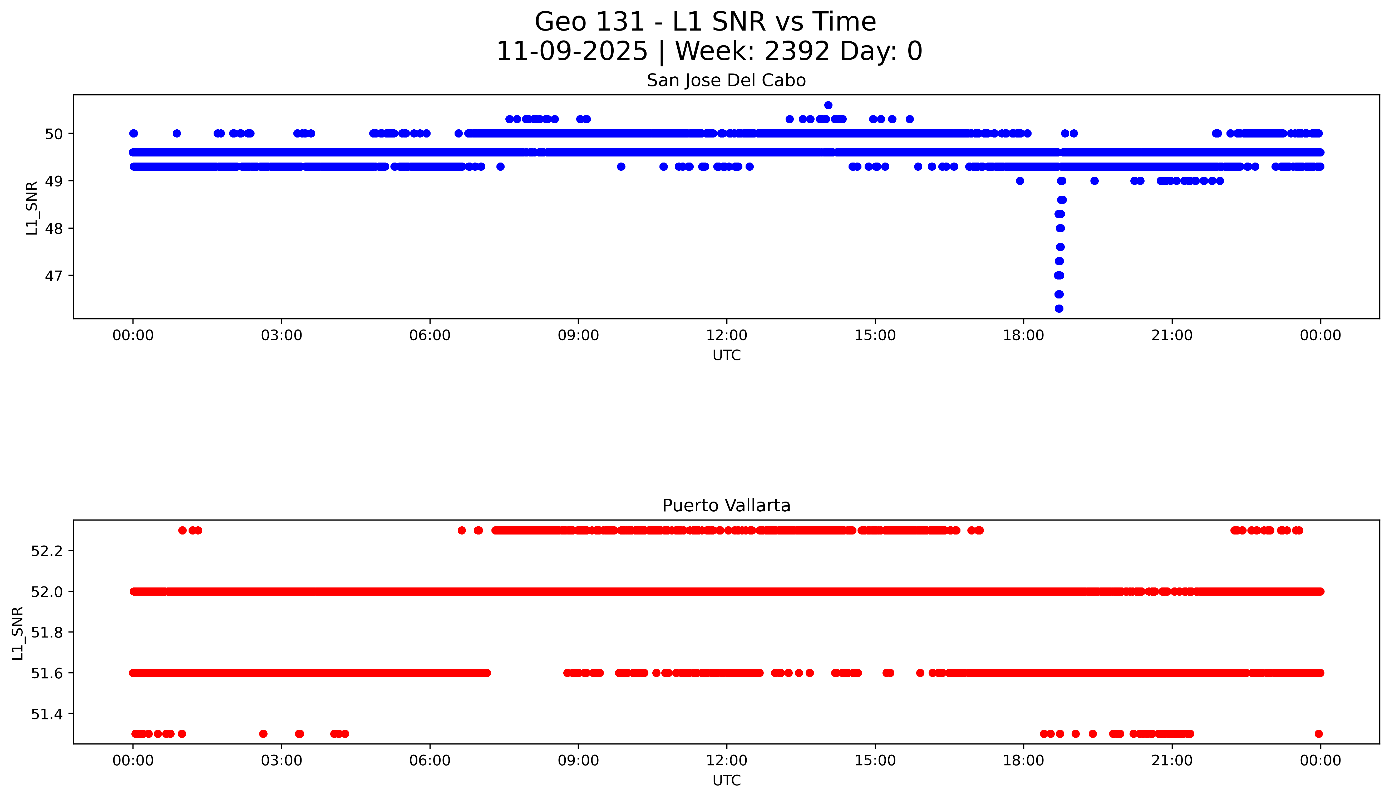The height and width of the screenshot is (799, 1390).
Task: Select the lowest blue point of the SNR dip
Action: tap(1059, 308)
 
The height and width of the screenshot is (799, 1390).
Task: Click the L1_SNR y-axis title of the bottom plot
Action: tap(18, 633)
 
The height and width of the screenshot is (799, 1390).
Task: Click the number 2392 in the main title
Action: tap(796, 52)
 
